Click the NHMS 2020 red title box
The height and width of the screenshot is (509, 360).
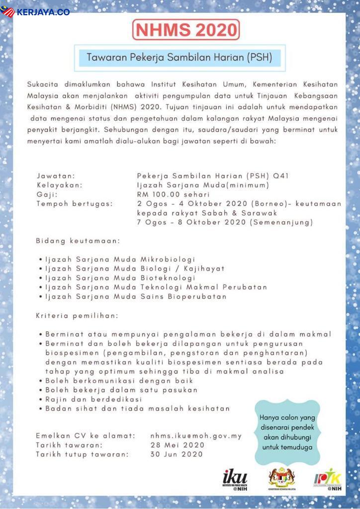coord(186,30)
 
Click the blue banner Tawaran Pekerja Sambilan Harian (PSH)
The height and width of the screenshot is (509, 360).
coord(180,57)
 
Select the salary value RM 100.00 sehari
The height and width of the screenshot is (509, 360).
coord(173,194)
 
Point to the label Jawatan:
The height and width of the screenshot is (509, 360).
coord(56,176)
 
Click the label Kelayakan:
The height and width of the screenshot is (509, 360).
coord(59,185)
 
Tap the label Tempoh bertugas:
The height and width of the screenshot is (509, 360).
coord(74,203)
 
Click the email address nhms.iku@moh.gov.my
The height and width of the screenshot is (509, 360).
coord(196,436)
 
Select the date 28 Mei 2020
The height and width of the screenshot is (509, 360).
coord(178,445)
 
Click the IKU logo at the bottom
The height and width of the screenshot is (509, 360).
coord(235,480)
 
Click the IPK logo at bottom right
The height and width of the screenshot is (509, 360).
coord(328,480)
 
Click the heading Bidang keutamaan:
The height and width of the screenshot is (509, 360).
coord(78,241)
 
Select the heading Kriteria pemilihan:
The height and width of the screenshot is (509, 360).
coord(77,316)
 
